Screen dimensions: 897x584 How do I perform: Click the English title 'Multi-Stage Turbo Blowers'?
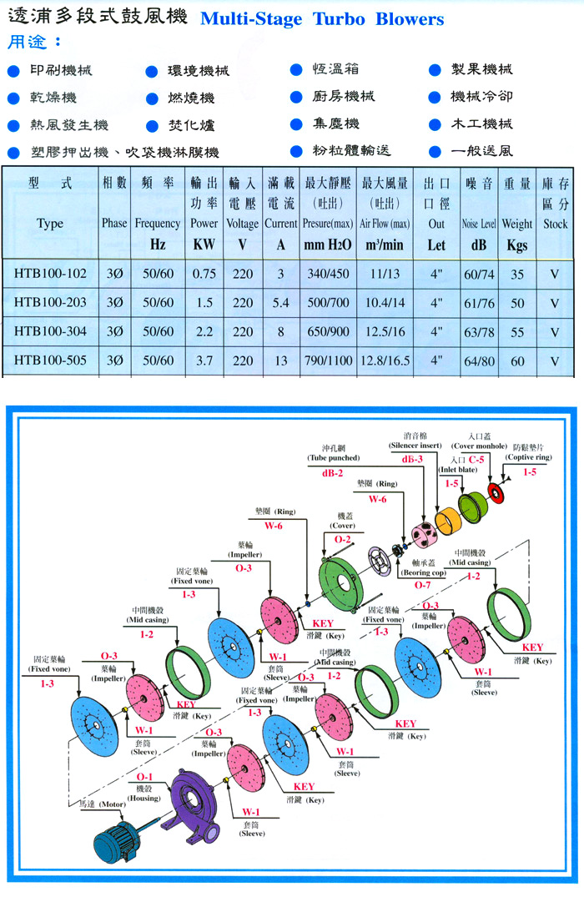pyautogui.click(x=322, y=18)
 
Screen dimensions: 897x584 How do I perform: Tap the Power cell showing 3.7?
pyautogui.click(x=204, y=360)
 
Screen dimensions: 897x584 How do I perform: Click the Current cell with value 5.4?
pyautogui.click(x=280, y=303)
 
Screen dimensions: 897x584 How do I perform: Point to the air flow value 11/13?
pyautogui.click(x=385, y=274)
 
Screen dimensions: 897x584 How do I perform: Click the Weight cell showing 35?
pyautogui.click(x=517, y=274)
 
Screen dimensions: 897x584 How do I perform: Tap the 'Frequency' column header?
pyautogui.click(x=158, y=224)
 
